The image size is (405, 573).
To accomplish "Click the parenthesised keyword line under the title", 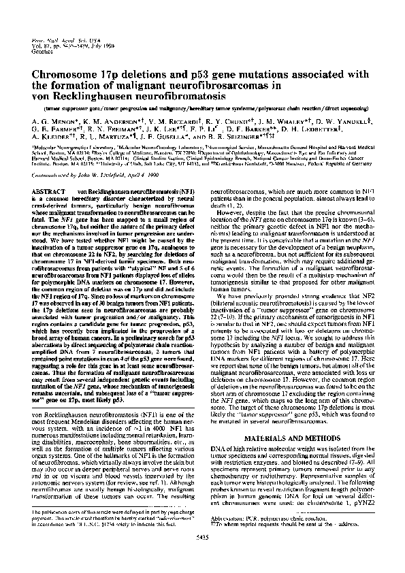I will point(202,107).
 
